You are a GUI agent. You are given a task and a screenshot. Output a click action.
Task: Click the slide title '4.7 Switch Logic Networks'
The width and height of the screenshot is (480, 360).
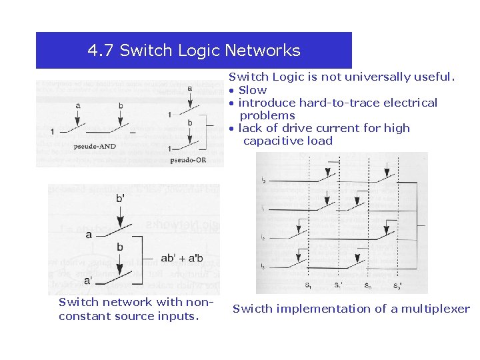(x=194, y=51)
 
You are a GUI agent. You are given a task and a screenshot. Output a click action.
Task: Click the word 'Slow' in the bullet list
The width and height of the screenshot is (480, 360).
(x=253, y=90)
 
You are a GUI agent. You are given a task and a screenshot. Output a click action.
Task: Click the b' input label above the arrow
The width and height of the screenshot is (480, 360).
(x=120, y=198)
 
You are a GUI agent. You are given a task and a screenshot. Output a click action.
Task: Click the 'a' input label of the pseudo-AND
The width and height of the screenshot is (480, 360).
(x=78, y=105)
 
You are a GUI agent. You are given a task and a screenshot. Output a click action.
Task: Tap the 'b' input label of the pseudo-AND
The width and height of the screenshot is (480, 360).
(x=121, y=105)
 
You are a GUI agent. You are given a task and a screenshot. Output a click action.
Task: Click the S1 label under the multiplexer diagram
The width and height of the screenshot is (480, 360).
(x=308, y=286)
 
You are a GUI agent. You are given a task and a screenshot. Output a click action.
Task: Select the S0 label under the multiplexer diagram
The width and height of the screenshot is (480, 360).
(x=368, y=286)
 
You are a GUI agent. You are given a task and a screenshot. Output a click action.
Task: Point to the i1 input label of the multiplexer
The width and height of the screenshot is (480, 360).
(x=263, y=208)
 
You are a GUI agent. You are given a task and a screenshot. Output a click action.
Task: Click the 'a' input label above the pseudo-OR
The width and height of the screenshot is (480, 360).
(x=189, y=88)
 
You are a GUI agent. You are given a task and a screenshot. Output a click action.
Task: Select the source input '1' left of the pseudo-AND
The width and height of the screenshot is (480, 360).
(x=52, y=131)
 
